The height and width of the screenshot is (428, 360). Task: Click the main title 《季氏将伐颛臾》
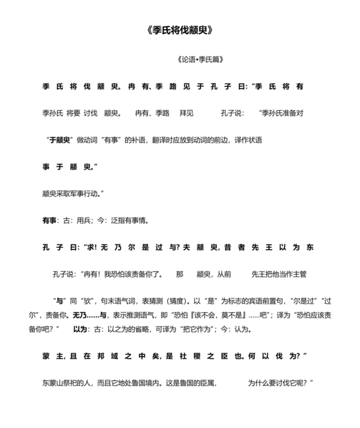tap(179, 31)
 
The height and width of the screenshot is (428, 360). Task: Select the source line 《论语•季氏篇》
tap(199, 60)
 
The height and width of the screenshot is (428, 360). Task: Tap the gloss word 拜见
tap(187, 113)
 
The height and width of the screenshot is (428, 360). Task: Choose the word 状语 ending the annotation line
tap(254, 140)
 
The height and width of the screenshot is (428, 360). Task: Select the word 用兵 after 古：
tap(82, 220)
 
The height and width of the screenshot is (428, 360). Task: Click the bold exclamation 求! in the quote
tap(94, 247)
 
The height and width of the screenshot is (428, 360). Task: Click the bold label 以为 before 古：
tap(80, 329)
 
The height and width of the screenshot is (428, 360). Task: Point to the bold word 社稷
tap(203, 356)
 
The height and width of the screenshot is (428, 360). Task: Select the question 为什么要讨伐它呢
tap(278, 382)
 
